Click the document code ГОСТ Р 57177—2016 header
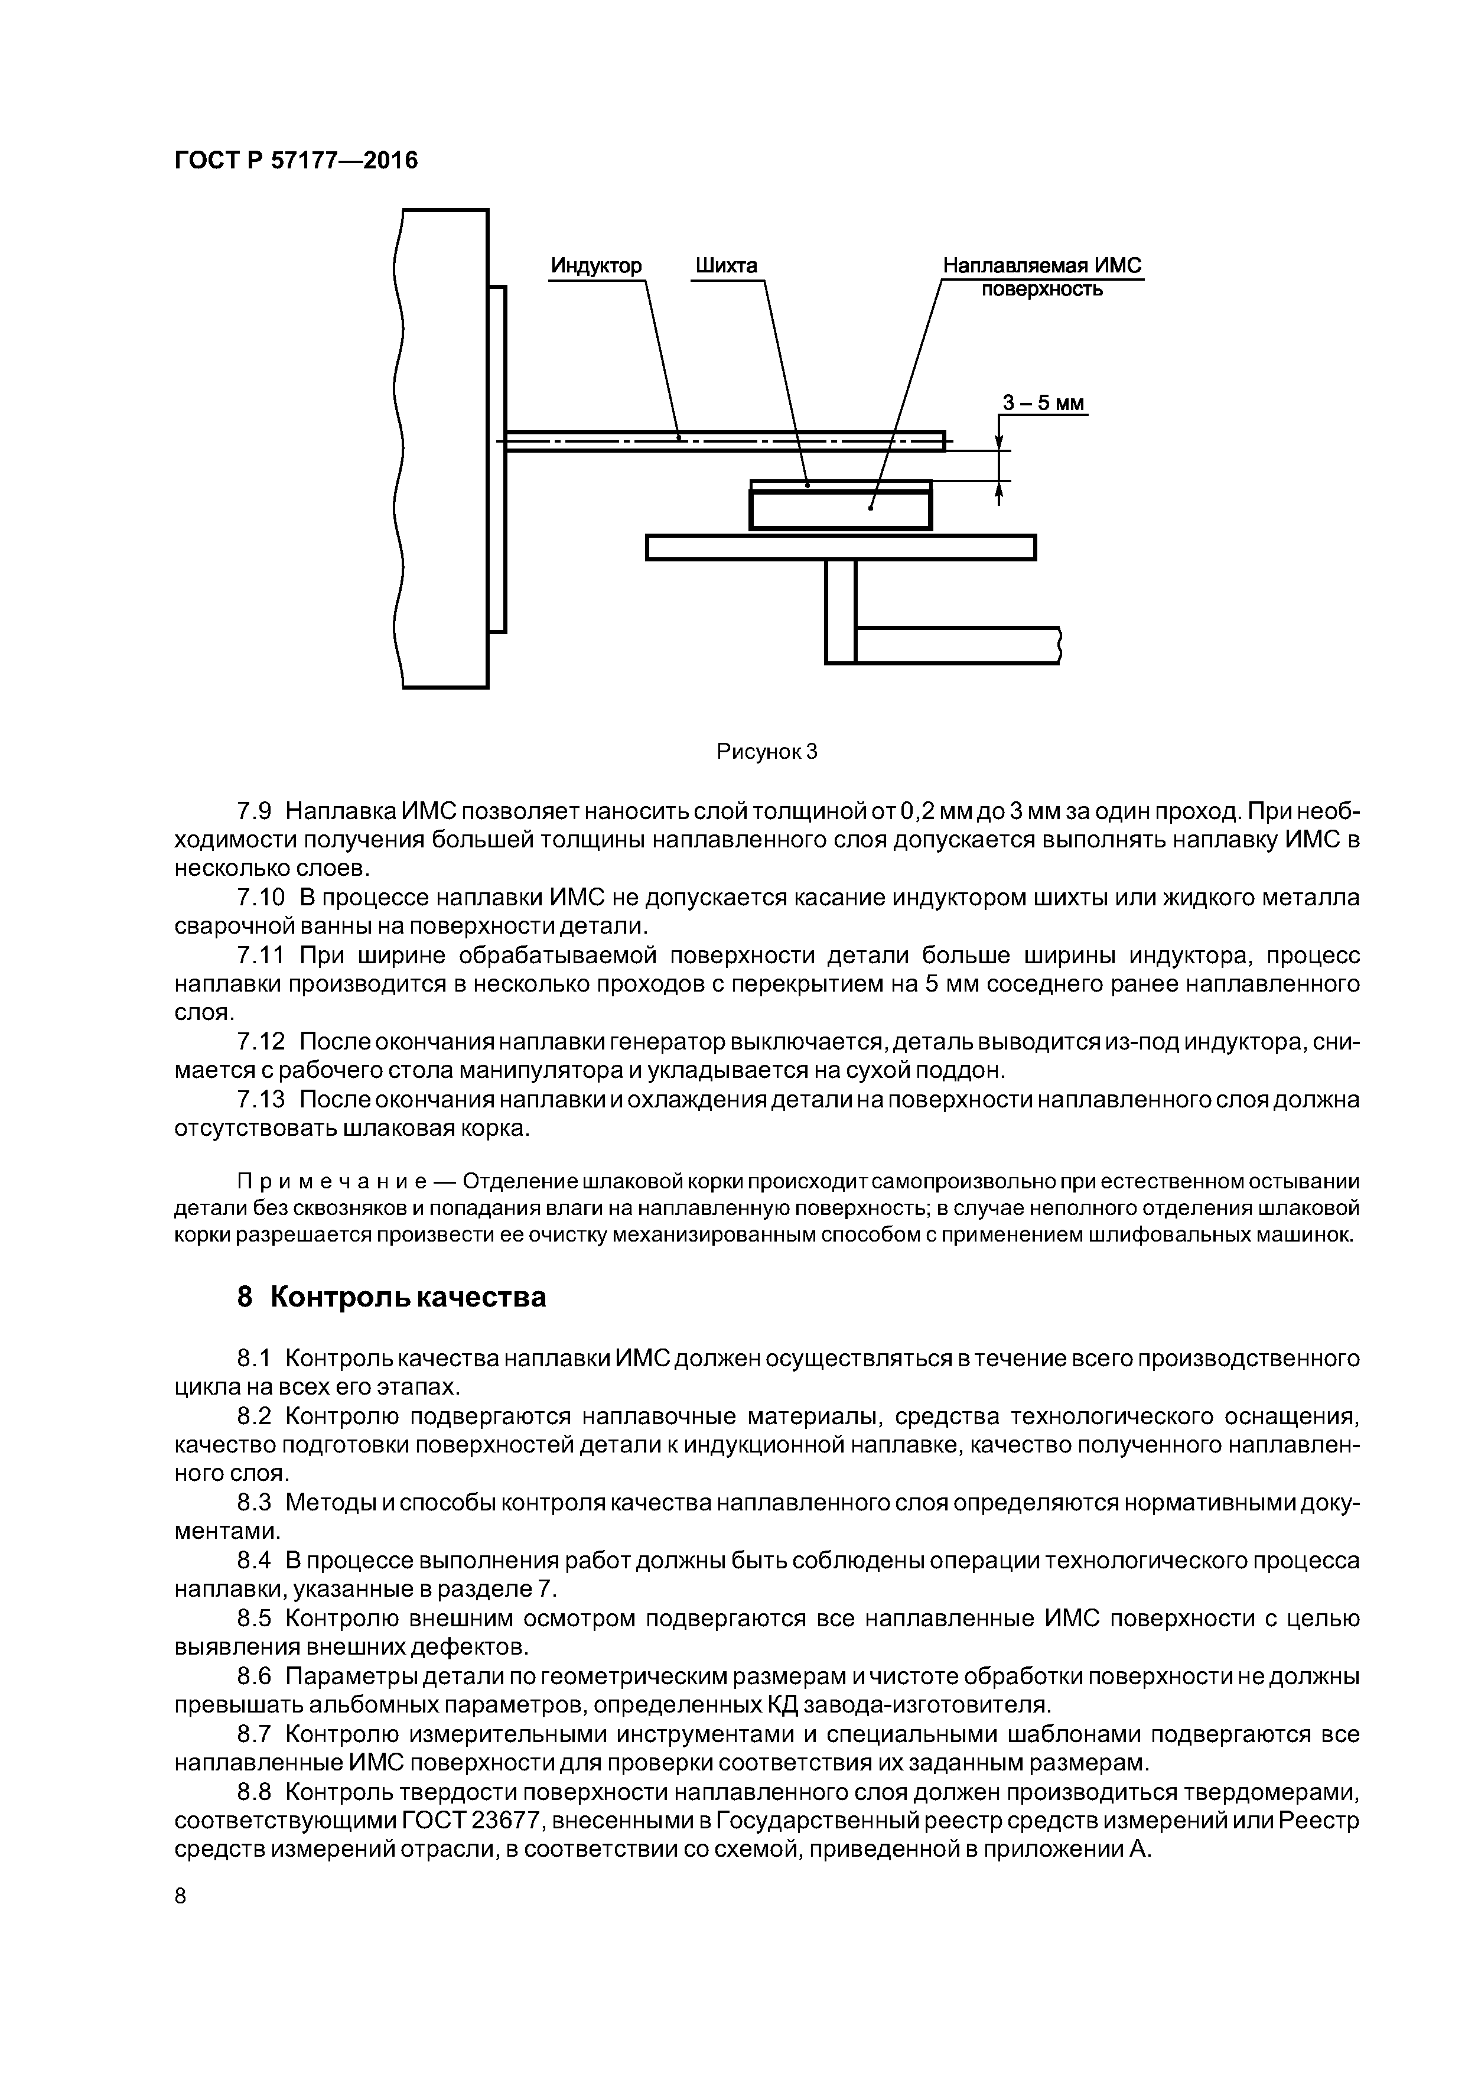tap(296, 161)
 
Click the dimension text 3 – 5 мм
tap(1043, 402)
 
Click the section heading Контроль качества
tap(408, 1298)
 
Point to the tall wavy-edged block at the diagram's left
tap(442, 449)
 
